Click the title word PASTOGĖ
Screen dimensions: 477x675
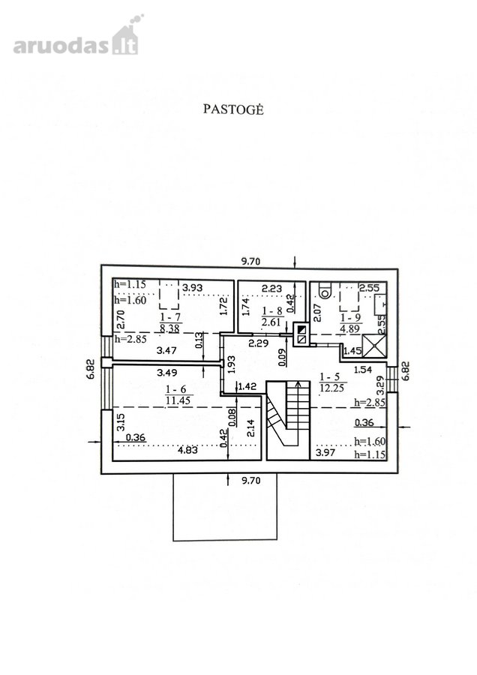pos(233,109)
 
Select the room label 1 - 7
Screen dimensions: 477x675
pos(170,318)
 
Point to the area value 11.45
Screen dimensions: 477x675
pos(179,400)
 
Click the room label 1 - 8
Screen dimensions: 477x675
pos(272,310)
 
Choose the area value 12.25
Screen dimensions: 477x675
pos(331,388)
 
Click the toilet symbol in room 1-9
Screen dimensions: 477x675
pos(326,290)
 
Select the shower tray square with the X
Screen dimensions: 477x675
pos(374,345)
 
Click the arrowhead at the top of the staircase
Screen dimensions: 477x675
pos(298,385)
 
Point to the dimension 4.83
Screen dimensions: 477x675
pos(187,450)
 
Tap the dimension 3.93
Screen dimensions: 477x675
pos(193,287)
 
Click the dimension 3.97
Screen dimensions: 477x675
pos(325,452)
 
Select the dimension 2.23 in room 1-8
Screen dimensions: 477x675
pos(272,288)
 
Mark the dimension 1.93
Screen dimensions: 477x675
pos(231,364)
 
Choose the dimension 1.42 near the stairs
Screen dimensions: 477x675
pos(247,386)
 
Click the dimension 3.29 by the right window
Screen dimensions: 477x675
pos(379,385)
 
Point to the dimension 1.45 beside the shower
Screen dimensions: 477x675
pos(352,351)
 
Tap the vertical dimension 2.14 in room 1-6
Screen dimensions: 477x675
pos(251,428)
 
